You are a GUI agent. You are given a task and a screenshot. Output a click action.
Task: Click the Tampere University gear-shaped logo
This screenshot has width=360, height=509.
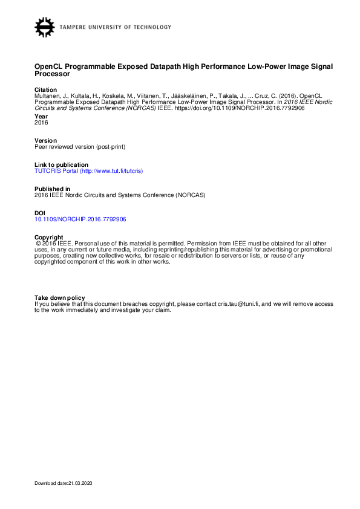(x=45, y=27)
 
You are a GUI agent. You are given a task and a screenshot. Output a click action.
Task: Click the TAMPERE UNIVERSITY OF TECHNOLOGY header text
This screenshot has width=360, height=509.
(x=116, y=27)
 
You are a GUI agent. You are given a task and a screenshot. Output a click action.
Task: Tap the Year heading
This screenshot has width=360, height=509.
(x=41, y=116)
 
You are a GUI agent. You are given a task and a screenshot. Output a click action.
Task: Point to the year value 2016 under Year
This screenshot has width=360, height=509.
(x=41, y=122)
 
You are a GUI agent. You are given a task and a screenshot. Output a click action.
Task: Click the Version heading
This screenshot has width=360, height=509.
(x=45, y=140)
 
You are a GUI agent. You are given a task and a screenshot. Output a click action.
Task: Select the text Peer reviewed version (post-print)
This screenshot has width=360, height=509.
(x=80, y=146)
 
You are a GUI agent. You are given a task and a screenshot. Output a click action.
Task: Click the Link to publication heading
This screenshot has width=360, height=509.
(x=61, y=165)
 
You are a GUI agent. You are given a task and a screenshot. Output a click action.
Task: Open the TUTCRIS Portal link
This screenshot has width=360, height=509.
(x=89, y=171)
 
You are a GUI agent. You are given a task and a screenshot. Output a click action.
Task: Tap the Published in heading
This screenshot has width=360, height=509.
(x=52, y=189)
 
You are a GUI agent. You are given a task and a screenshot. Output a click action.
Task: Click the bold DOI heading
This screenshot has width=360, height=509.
(x=40, y=213)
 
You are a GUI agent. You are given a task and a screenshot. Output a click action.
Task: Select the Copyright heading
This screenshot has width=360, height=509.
(x=49, y=237)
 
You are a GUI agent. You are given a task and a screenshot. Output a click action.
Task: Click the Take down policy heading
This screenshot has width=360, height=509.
(x=59, y=297)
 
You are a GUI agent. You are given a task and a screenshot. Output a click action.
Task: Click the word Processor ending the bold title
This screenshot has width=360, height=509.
(x=52, y=74)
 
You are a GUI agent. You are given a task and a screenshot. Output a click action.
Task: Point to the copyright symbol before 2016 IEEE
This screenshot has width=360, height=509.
(x=39, y=244)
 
